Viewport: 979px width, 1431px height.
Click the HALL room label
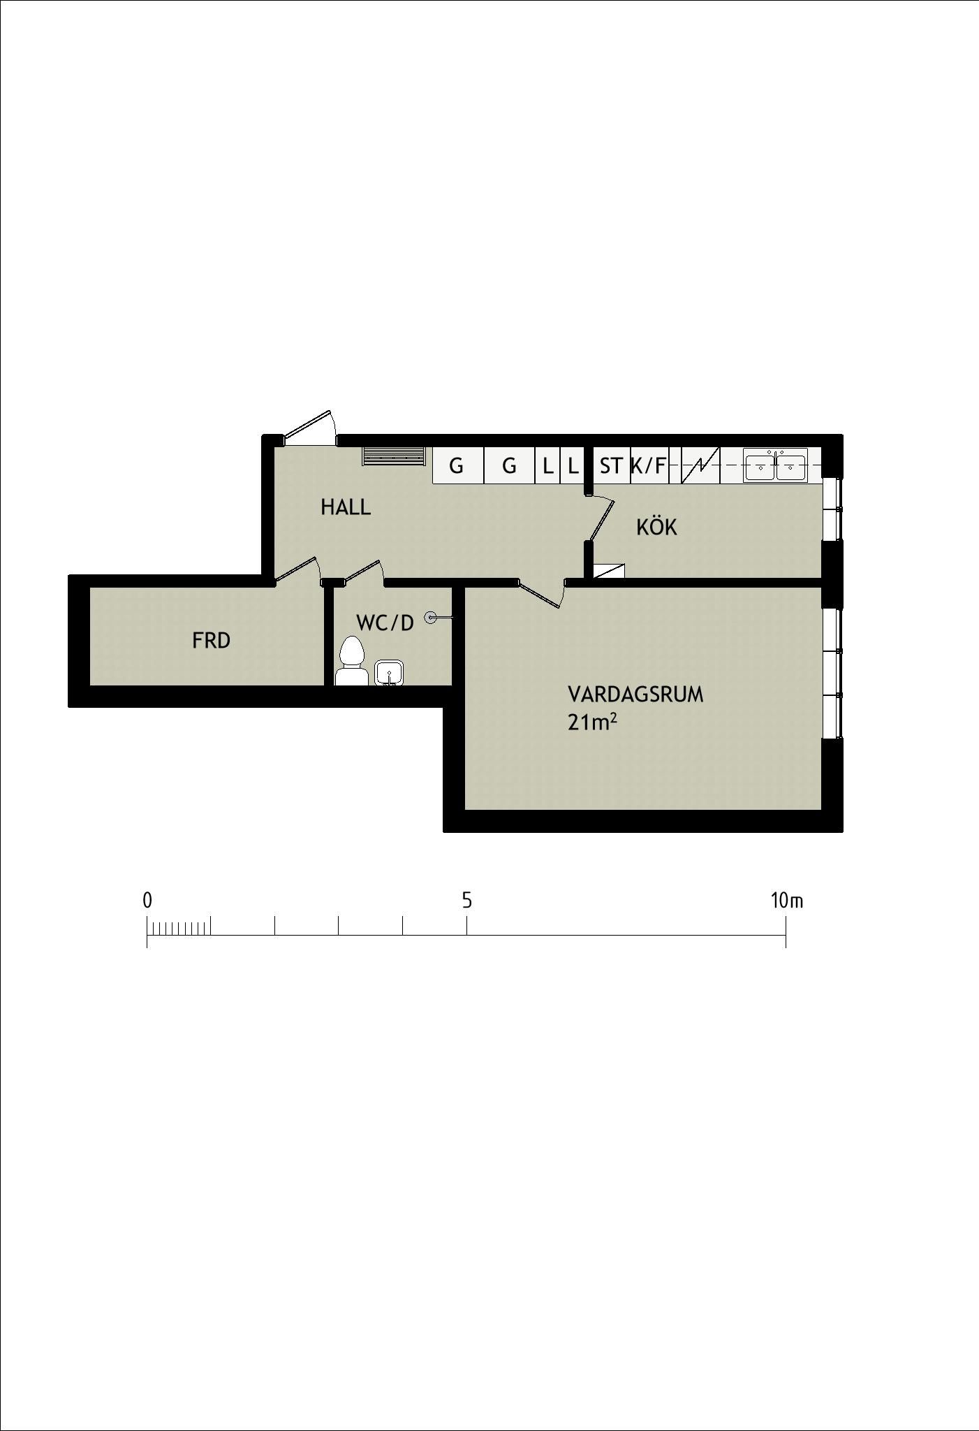coord(346,507)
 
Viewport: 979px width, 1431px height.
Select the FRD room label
coord(211,640)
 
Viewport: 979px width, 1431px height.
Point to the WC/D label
coord(385,623)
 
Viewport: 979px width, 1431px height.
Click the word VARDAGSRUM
coord(635,695)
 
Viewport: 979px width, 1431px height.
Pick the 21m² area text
coord(592,722)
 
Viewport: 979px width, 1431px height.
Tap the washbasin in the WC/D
coord(389,674)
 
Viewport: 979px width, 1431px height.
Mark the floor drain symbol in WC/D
coord(431,617)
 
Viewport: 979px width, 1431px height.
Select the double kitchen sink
coord(775,465)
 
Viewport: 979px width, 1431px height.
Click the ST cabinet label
coord(611,465)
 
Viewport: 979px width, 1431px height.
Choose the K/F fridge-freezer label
coord(648,465)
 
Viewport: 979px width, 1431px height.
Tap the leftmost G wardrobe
coord(457,465)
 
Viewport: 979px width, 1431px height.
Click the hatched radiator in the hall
coord(393,456)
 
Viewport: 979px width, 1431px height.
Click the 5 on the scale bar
coord(466,901)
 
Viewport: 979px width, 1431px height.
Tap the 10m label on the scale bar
coord(787,901)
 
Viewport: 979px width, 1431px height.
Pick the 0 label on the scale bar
coord(147,901)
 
